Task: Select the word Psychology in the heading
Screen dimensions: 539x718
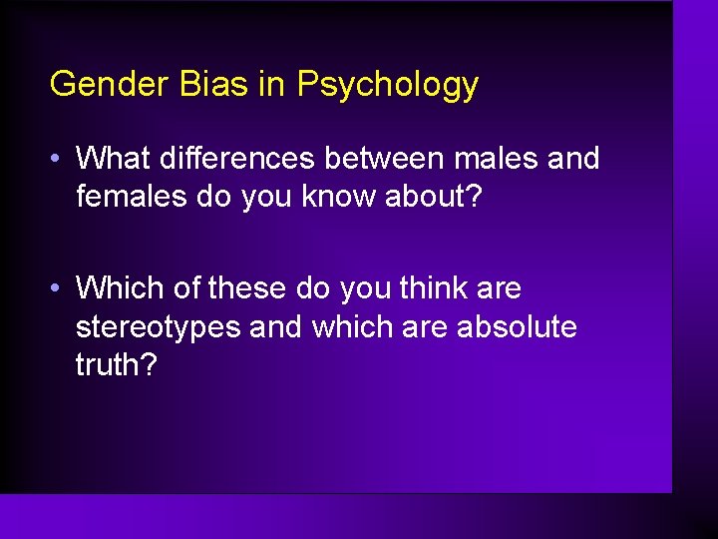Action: coord(387,86)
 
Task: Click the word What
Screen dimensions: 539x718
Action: coord(114,158)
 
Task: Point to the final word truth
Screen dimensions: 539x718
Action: coord(116,365)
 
